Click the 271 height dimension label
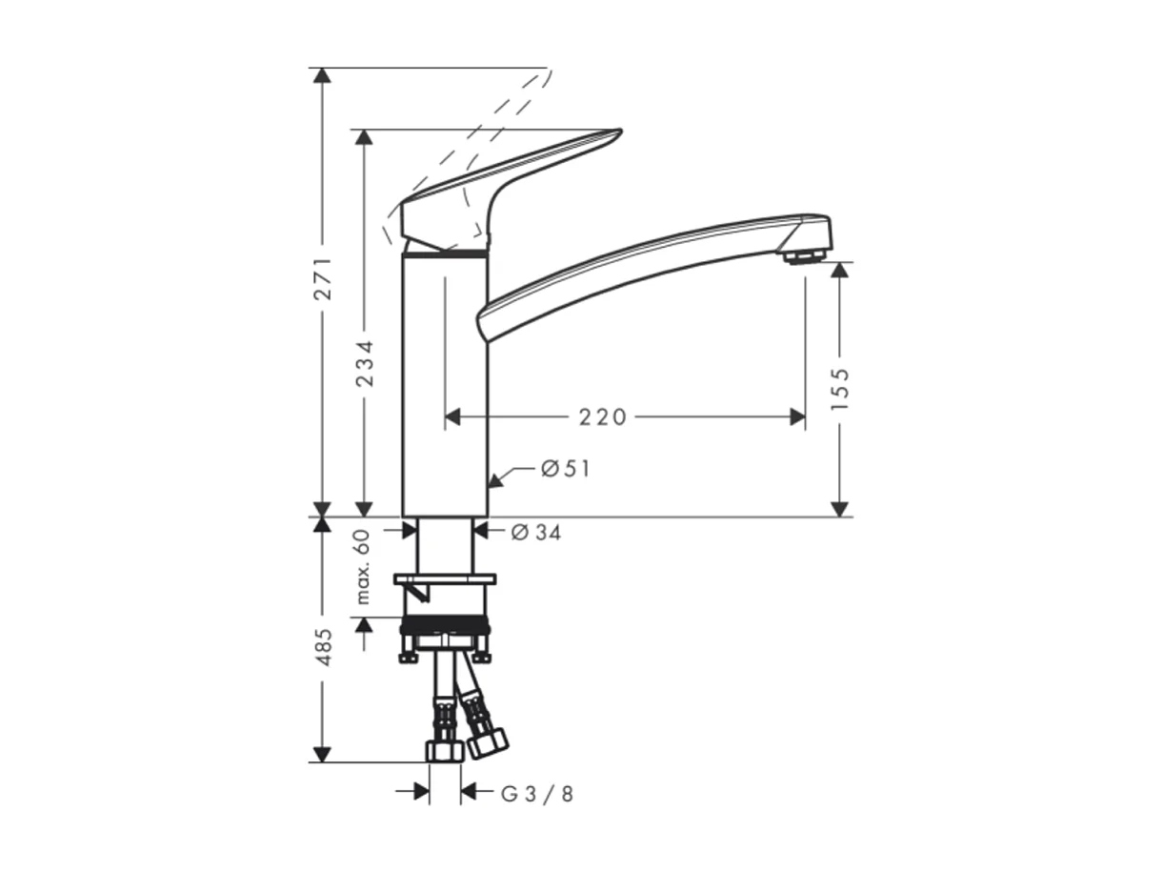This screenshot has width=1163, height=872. pyautogui.click(x=323, y=278)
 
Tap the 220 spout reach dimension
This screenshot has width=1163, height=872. pyautogui.click(x=603, y=417)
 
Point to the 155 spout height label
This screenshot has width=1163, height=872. pyautogui.click(x=839, y=388)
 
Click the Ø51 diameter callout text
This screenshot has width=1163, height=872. pyautogui.click(x=565, y=469)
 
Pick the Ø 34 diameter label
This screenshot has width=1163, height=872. pyautogui.click(x=536, y=533)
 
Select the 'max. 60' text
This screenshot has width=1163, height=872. pyautogui.click(x=362, y=568)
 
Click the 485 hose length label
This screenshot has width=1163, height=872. pyautogui.click(x=323, y=646)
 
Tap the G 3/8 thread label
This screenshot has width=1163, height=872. pyautogui.click(x=538, y=793)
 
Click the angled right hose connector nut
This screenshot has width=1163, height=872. pyautogui.click(x=488, y=740)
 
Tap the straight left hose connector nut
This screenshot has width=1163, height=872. pyautogui.click(x=444, y=750)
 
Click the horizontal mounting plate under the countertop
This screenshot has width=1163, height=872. pyautogui.click(x=445, y=578)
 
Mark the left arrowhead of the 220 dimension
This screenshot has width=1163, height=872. pyautogui.click(x=453, y=417)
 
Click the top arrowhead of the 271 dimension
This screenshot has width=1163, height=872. pyautogui.click(x=323, y=76)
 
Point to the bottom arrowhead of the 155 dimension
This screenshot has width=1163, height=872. pyautogui.click(x=839, y=509)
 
